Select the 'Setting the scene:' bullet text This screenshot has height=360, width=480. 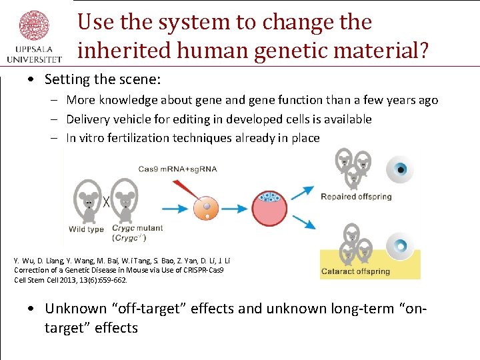tap(103, 79)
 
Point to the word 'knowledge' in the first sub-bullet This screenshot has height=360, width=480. tap(127, 100)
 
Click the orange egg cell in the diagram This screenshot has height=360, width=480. tap(206, 208)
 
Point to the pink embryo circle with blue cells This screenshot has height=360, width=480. tap(269, 208)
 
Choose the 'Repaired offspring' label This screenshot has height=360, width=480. tap(356, 197)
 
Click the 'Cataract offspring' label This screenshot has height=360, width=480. tap(355, 272)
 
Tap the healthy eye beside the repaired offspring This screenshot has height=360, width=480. tap(401, 169)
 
